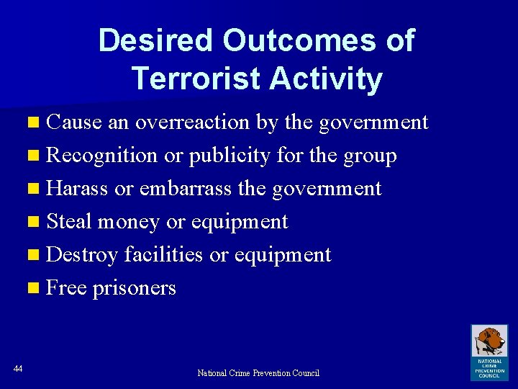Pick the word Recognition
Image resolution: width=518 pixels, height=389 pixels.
click(101, 156)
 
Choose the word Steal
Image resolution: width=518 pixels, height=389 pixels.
click(70, 222)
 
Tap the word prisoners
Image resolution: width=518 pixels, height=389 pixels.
click(135, 288)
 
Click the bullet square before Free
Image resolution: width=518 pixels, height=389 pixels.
click(37, 289)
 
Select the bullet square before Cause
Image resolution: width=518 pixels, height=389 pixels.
click(37, 123)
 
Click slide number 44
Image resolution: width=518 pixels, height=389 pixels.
click(18, 369)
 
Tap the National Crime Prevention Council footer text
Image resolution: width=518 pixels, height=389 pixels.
click(258, 373)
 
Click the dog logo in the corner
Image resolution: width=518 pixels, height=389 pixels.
click(489, 343)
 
